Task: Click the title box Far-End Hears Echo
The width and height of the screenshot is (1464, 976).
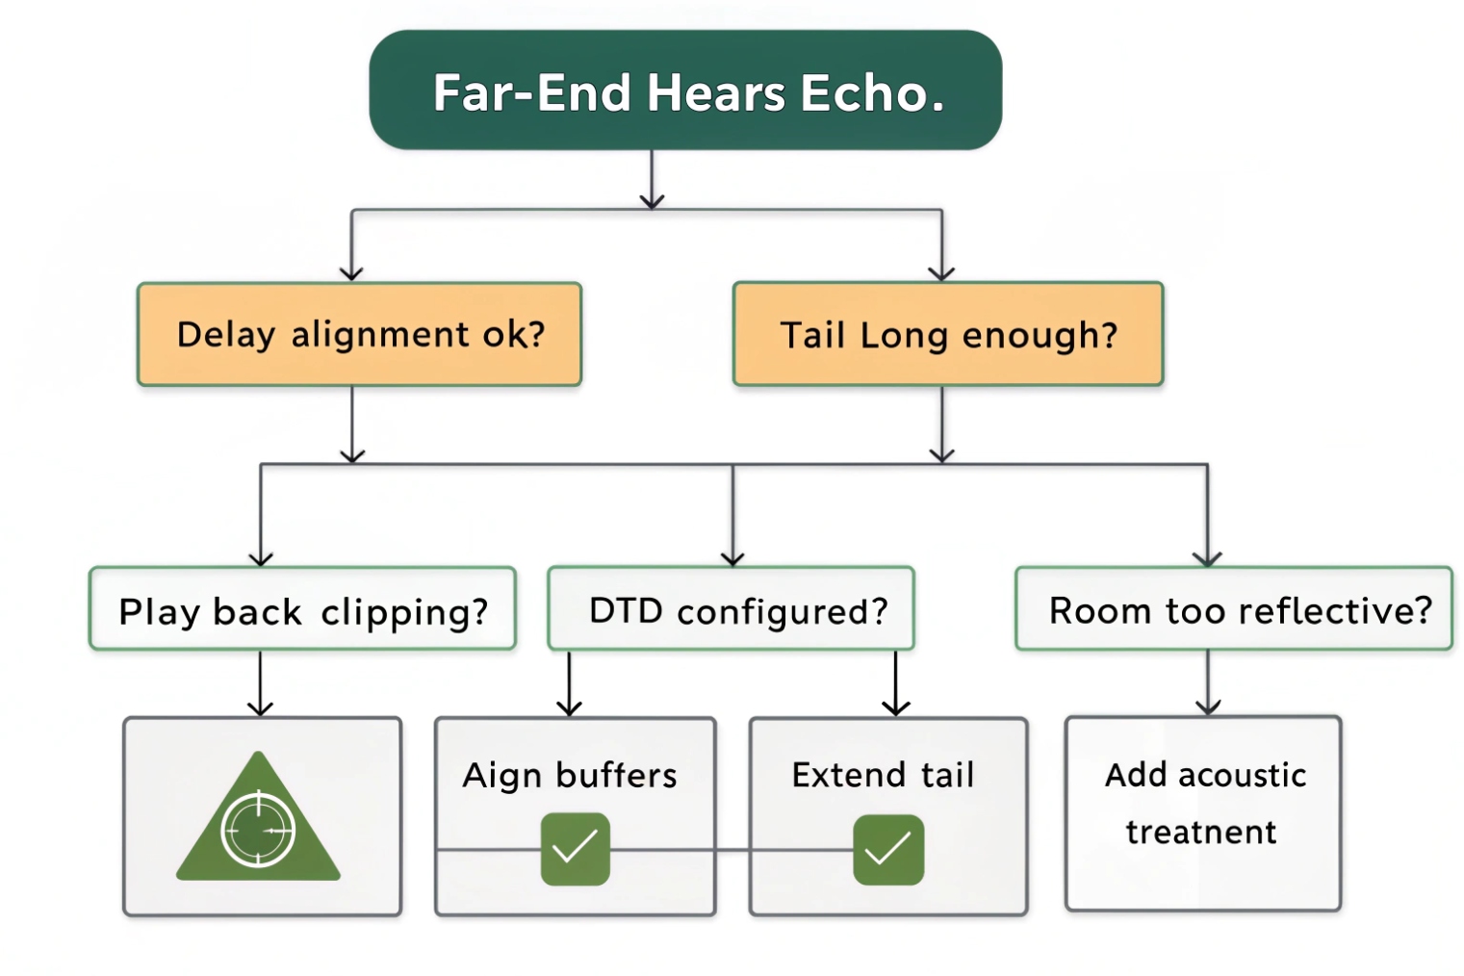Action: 685,90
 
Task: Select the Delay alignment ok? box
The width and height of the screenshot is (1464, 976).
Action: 359,334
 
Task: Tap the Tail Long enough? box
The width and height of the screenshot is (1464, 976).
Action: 947,334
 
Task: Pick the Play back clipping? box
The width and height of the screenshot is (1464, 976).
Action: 302,609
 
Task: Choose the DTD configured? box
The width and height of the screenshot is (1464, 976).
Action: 731,609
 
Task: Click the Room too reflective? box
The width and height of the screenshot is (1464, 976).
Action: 1233,609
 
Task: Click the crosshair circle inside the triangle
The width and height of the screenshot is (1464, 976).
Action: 258,829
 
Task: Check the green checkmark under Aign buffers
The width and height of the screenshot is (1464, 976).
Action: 575,848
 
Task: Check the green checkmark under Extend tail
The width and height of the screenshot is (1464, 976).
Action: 887,849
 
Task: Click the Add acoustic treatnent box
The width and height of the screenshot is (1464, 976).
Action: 1202,813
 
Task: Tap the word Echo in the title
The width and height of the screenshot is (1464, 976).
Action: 872,93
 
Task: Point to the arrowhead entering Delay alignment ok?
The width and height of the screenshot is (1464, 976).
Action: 351,272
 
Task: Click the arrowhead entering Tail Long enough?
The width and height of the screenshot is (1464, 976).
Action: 941,272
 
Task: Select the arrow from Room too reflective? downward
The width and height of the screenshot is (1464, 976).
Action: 1208,682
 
